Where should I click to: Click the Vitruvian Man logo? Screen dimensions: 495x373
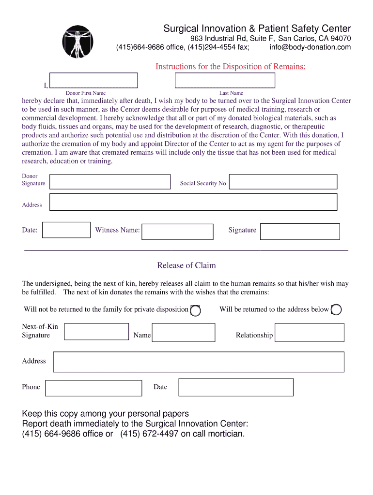[x=78, y=41]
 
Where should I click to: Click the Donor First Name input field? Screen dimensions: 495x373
[x=93, y=80]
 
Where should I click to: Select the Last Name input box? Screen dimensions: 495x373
[x=225, y=80]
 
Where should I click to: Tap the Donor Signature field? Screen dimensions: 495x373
[x=110, y=182]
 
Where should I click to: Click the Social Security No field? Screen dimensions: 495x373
[x=283, y=182]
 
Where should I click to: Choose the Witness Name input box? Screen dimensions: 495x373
[x=177, y=232]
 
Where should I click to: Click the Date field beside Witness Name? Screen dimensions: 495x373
[x=66, y=230]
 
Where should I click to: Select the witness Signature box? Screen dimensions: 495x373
[x=300, y=232]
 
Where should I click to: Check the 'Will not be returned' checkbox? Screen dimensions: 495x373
[x=195, y=310]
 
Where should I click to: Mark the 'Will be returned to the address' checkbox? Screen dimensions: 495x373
[x=336, y=310]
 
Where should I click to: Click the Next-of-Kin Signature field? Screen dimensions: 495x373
[x=96, y=332]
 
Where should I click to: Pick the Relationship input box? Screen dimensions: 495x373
[x=309, y=333]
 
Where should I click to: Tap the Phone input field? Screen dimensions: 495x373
[x=93, y=388]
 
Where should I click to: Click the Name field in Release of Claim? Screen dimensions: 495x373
[x=184, y=333]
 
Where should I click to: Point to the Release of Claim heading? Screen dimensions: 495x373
[x=186, y=265]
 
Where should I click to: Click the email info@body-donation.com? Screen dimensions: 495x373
[x=310, y=47]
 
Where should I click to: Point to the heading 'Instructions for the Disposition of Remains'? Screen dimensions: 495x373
[x=230, y=67]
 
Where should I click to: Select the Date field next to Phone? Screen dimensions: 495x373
[x=236, y=387]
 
